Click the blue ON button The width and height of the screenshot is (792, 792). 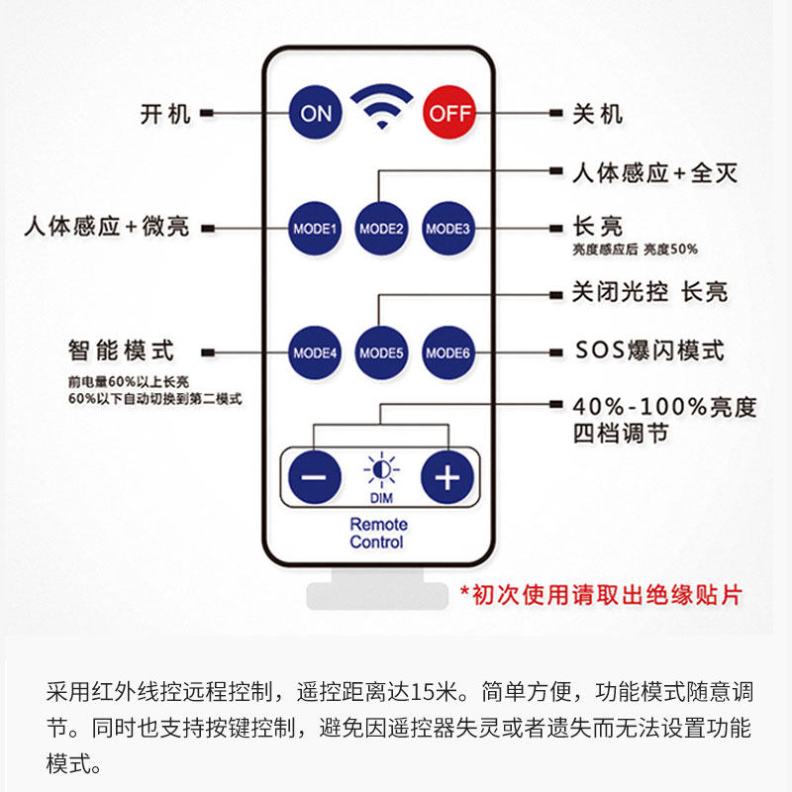point(316,113)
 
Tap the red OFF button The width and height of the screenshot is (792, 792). point(449,113)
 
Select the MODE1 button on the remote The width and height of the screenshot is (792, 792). point(315,229)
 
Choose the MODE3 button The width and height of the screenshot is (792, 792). point(448,229)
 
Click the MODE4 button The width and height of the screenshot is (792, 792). point(315,351)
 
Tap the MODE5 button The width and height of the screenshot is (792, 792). point(382,351)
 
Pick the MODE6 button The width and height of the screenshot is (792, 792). point(448,351)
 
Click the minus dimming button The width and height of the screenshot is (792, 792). point(314,477)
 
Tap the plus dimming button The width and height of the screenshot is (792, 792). point(447,477)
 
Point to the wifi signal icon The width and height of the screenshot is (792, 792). point(382,104)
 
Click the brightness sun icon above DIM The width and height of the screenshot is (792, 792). point(381,469)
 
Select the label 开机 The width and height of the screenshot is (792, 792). point(164,114)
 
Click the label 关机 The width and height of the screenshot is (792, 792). point(598,114)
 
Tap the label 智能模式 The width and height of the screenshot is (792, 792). point(121,350)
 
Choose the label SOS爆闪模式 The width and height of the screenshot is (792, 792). point(649,350)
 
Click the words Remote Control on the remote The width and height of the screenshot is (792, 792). point(377,534)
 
